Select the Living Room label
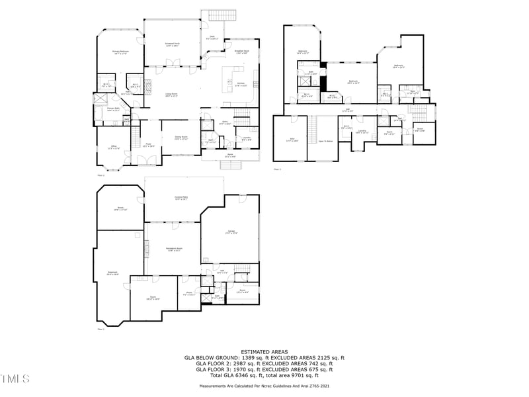[171, 95]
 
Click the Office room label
[114, 148]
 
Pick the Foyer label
[149, 144]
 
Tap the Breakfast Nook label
[241, 52]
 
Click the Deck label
[212, 38]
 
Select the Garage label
[231, 231]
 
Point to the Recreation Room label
[174, 249]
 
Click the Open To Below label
[325, 140]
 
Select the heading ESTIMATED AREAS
[264, 351]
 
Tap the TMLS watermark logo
[15, 378]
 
